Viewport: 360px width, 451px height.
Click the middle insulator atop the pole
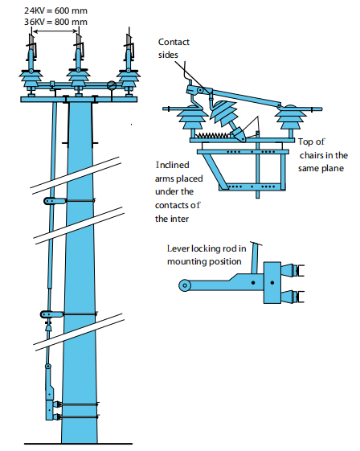click(79, 76)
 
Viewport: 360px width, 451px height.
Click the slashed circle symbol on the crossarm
click(112, 85)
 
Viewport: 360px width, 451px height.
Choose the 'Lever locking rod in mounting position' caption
click(211, 255)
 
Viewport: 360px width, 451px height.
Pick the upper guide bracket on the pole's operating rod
click(54, 200)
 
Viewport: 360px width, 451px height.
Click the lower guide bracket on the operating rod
click(52, 314)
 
